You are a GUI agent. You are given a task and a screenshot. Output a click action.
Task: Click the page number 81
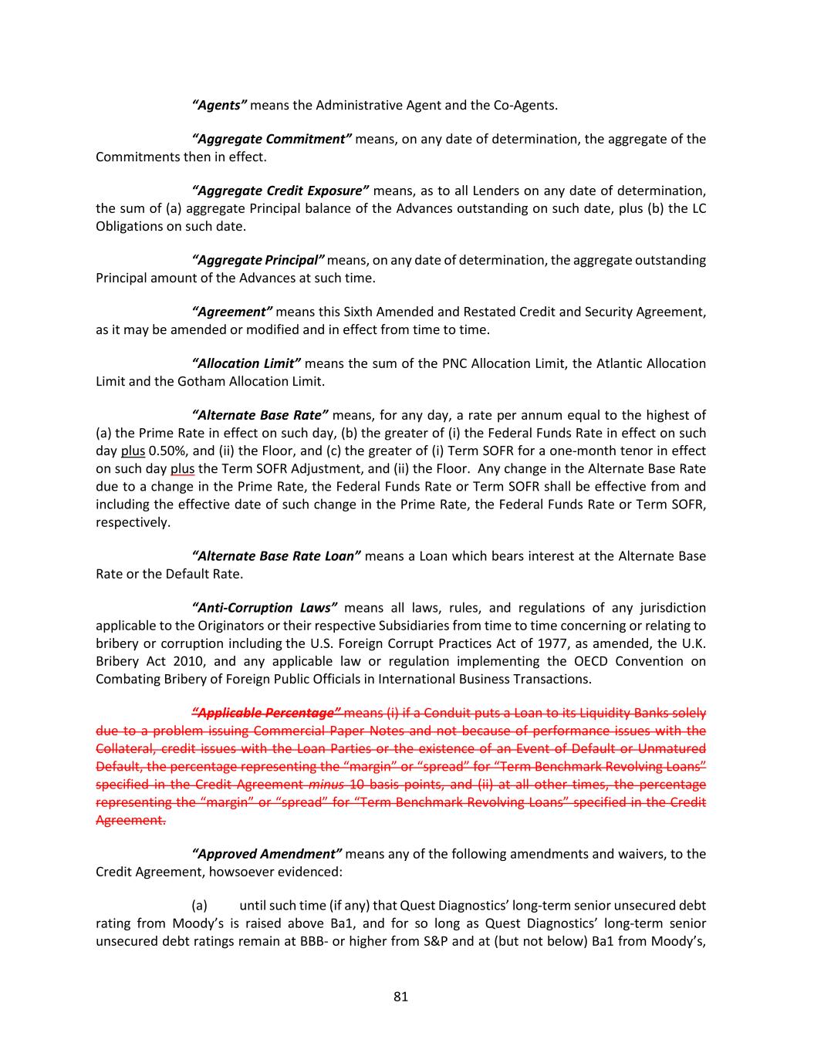(400, 996)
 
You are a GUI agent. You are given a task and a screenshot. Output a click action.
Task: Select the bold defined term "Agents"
(219, 105)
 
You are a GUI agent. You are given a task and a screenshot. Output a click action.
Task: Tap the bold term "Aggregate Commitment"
(272, 139)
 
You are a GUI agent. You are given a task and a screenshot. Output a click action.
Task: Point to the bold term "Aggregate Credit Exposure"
(280, 191)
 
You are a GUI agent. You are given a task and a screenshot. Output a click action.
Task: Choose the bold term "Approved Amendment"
(267, 854)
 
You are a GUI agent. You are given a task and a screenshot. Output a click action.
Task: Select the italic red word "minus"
(326, 785)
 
